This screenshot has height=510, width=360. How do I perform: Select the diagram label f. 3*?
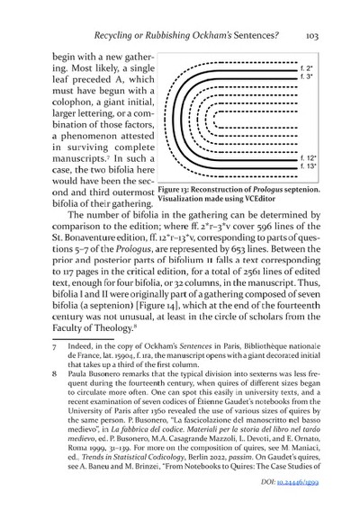click(306, 78)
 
